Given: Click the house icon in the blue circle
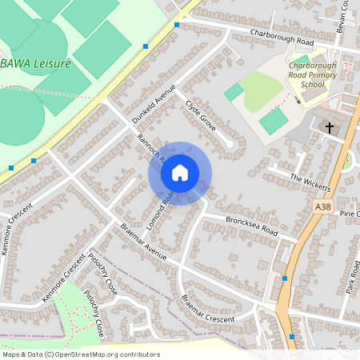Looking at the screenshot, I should pos(180,173).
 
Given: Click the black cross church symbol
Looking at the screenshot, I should pos(328,127).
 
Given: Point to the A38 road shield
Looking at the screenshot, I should pos(322,206).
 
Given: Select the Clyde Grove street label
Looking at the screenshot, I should pos(201,115).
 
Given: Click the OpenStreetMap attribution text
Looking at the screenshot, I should pos(80,354).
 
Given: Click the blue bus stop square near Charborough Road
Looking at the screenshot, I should pos(176,25).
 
